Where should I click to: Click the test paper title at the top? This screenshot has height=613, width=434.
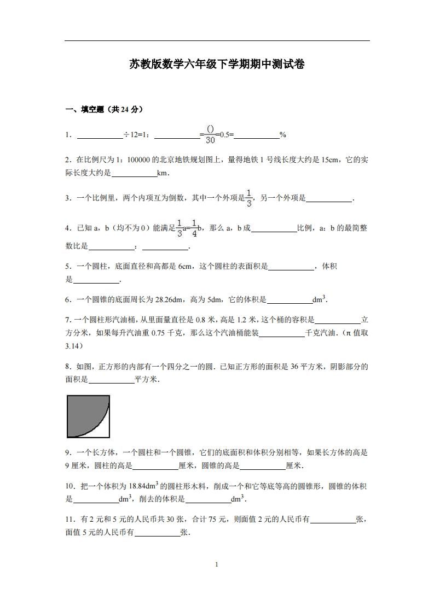coord(217,64)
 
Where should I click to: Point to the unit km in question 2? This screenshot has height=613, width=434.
coord(163,173)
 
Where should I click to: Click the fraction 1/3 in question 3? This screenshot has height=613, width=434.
coord(249,198)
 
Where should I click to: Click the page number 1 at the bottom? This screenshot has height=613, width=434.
coord(217,564)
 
